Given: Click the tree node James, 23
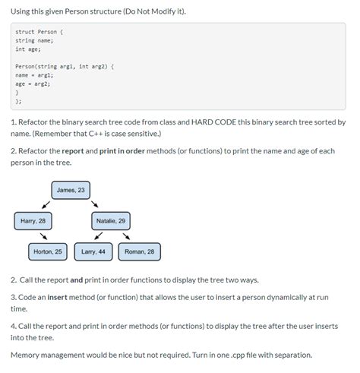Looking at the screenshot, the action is tap(71, 190).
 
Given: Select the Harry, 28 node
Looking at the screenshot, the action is tap(33, 221).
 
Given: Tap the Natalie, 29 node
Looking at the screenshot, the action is tap(111, 221).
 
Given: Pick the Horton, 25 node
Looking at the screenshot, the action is tap(49, 251).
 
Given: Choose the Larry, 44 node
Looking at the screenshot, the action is tap(93, 251).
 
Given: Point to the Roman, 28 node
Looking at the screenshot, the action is tap(139, 251).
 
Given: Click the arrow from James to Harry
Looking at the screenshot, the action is tap(46, 204).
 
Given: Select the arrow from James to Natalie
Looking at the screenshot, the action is tap(95, 204).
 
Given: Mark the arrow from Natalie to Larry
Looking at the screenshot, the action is tap(98, 235).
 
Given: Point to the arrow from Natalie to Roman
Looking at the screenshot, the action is tap(126, 235).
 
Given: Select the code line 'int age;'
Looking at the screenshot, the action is tap(27, 49).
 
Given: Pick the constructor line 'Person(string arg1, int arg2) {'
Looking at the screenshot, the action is tap(64, 66).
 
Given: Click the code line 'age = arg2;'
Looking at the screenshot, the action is tap(33, 84).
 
